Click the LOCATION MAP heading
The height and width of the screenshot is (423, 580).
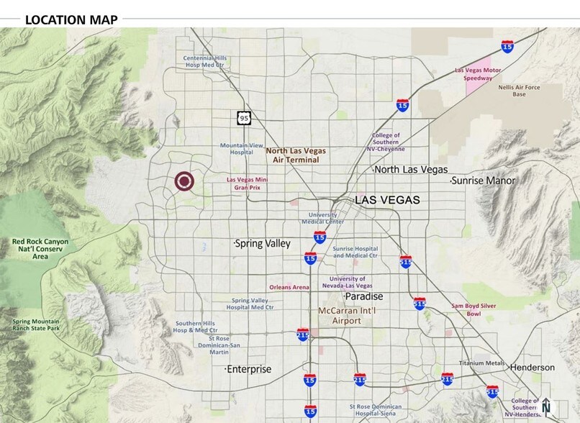pyautogui.click(x=71, y=19)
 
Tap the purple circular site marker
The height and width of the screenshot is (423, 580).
pyautogui.click(x=185, y=182)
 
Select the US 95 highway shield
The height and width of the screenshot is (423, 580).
pyautogui.click(x=245, y=117)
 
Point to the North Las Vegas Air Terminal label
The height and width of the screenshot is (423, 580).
pyautogui.click(x=296, y=155)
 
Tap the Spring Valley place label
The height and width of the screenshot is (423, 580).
pyautogui.click(x=263, y=244)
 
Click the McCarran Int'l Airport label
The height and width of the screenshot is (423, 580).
pyautogui.click(x=349, y=316)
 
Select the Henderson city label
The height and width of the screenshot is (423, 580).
pyautogui.click(x=532, y=368)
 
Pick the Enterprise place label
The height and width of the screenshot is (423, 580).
pyautogui.click(x=249, y=369)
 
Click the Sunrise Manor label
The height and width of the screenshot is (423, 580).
pyautogui.click(x=484, y=181)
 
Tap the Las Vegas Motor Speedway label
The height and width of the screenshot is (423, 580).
pyautogui.click(x=479, y=74)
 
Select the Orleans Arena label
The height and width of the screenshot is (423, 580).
pyautogui.click(x=289, y=287)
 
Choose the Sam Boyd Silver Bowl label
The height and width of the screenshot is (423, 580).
pyautogui.click(x=473, y=309)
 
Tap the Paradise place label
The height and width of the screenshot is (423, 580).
pyautogui.click(x=363, y=296)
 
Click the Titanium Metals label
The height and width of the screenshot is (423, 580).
pyautogui.click(x=482, y=363)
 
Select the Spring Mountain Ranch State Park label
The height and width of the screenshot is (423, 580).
pyautogui.click(x=37, y=324)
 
